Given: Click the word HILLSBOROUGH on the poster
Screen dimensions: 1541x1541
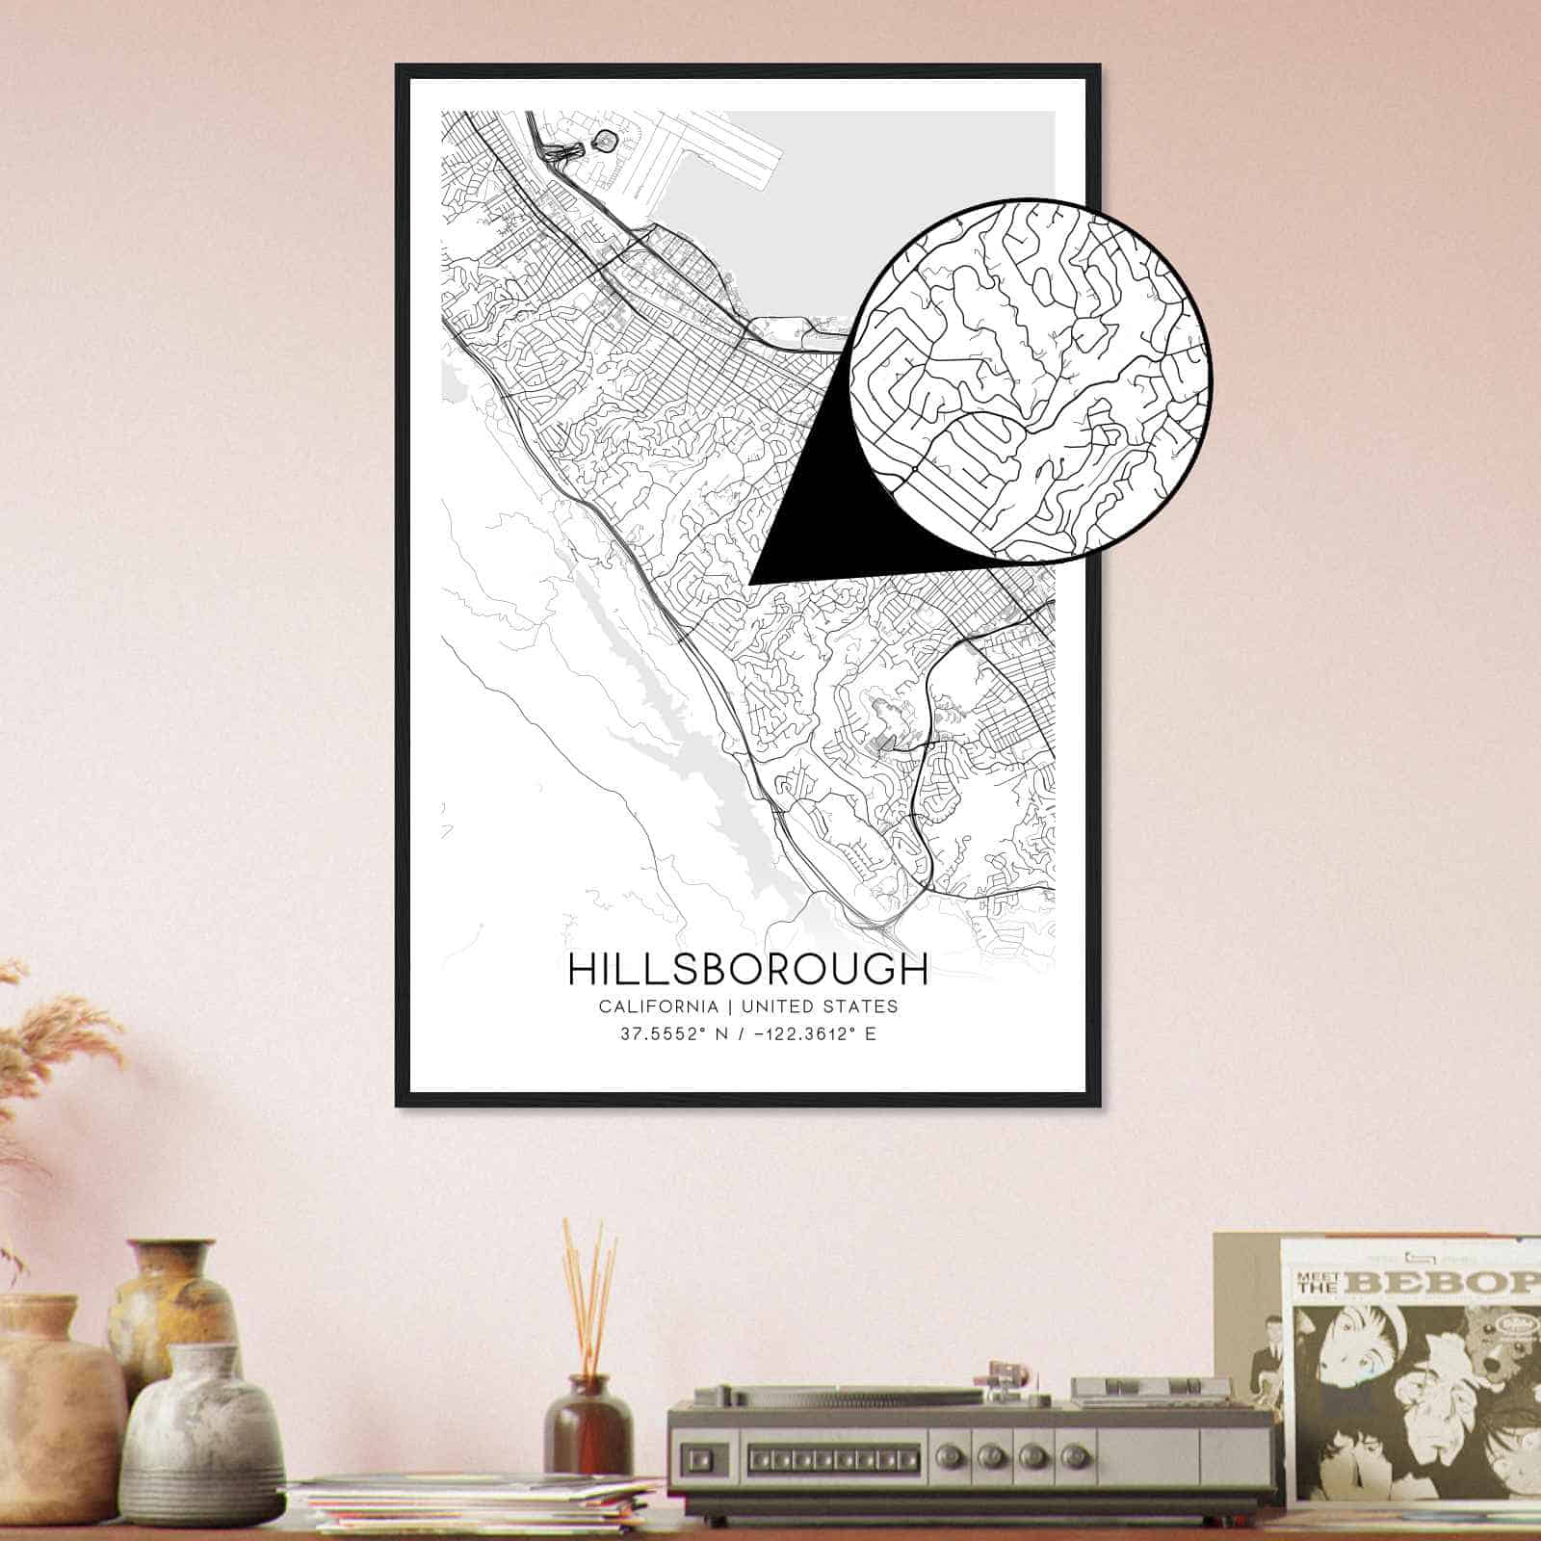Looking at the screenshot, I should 747,970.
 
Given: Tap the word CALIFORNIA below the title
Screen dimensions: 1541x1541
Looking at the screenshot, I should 658,1006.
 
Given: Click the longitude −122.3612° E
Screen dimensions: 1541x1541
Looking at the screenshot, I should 812,1036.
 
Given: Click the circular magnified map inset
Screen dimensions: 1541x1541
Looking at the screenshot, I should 1031,380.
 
